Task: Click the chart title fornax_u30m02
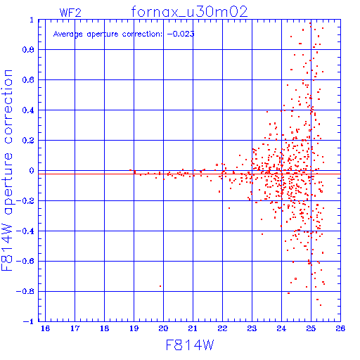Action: pos(189,12)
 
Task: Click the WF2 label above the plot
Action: pos(70,13)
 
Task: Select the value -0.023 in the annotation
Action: pos(181,34)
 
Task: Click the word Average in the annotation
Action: pos(68,34)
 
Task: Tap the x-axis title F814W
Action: pos(190,345)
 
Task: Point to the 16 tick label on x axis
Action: pos(45,328)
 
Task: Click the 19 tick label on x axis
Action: pos(134,328)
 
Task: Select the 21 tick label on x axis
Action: pos(193,328)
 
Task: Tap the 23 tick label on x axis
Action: pos(252,328)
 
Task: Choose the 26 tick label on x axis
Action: pos(340,328)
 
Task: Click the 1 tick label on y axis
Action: pos(32,20)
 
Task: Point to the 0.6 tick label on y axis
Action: pos(28,80)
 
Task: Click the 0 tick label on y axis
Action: pos(32,171)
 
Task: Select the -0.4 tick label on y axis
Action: pos(25,231)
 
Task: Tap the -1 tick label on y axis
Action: pos(29,321)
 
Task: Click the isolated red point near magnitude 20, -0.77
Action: pos(160,286)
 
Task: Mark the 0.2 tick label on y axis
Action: pos(28,141)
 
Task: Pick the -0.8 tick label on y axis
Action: pos(25,291)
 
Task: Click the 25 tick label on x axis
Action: pos(311,328)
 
